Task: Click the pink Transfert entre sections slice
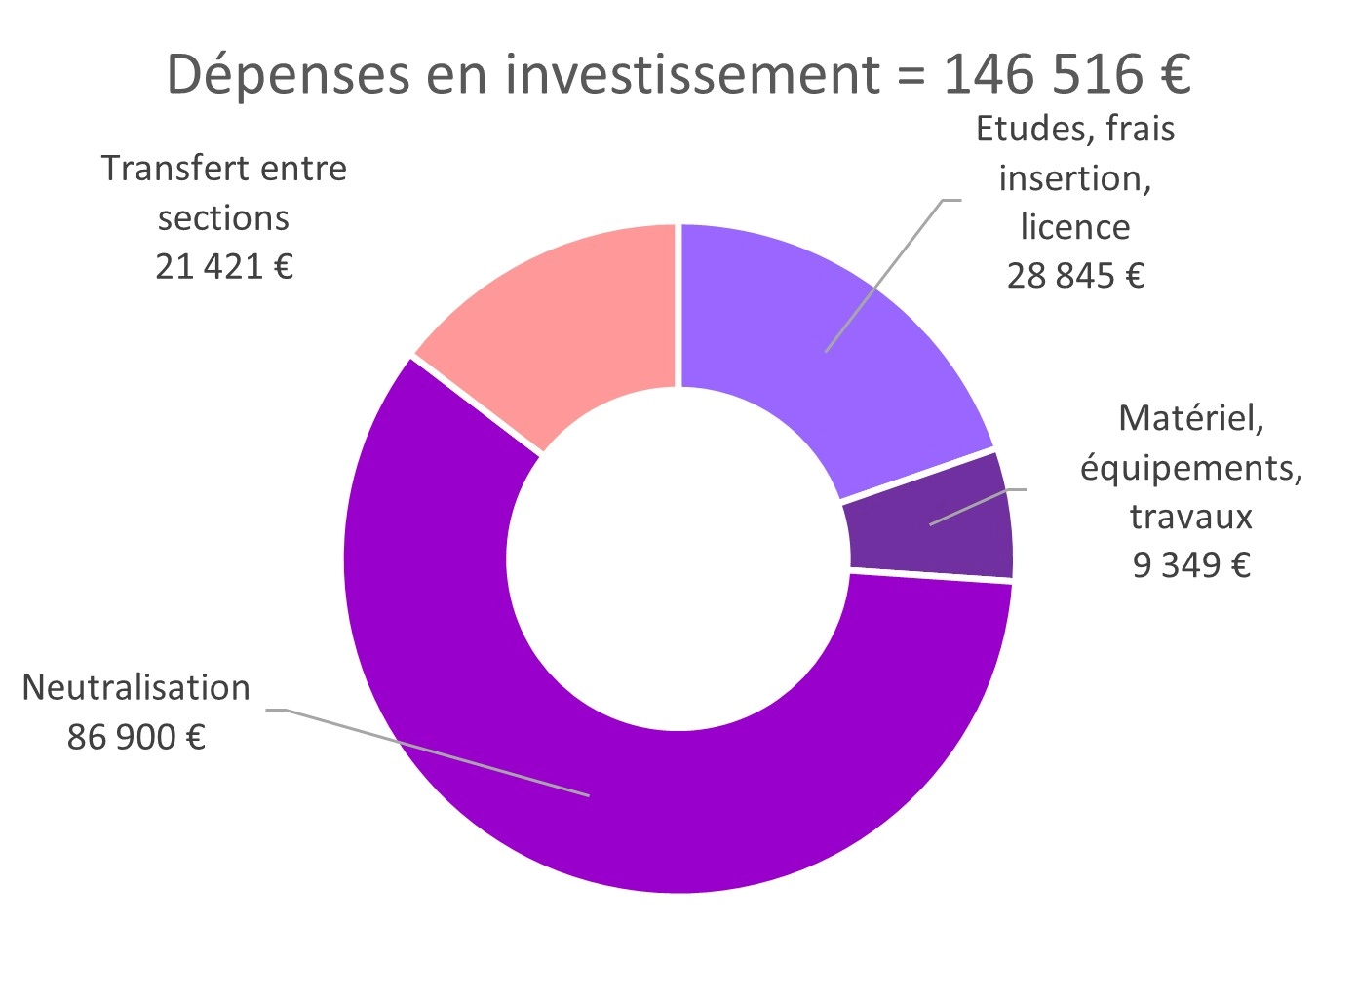click(575, 322)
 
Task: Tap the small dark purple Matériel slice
click(931, 526)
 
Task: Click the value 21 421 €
click(223, 266)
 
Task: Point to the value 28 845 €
click(1075, 276)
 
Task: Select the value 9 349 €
click(1190, 564)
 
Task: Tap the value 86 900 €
click(136, 737)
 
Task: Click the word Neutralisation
click(136, 688)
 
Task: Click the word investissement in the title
click(692, 74)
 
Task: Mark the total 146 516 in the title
click(1042, 74)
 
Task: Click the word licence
click(1075, 227)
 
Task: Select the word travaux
click(1190, 516)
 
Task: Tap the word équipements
click(1190, 468)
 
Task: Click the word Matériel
click(1190, 418)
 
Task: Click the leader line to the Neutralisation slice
click(429, 751)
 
